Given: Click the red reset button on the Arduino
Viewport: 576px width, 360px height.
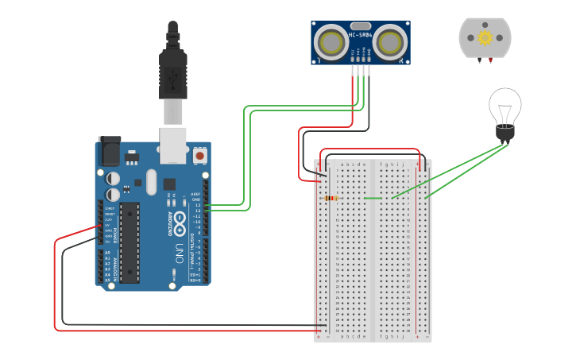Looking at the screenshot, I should coord(199,156).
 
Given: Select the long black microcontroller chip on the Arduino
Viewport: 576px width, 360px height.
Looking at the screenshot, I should coord(130,242).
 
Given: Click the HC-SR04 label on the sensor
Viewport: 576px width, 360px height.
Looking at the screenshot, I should coord(361,34).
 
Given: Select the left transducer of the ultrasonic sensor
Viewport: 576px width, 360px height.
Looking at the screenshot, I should coord(330,42).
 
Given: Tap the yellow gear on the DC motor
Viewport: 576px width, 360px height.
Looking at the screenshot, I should coord(485,38).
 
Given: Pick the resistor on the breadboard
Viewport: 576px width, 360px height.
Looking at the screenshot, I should coord(331,198).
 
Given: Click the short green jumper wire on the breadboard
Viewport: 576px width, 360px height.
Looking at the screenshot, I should coord(371,198).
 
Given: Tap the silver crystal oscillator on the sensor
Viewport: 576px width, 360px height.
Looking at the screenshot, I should coord(361,25).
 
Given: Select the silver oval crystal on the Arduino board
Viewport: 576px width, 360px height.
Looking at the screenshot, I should coord(151,184).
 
